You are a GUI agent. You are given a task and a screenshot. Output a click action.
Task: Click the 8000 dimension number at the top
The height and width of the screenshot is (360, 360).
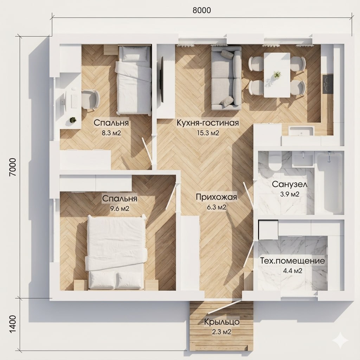(x=201, y=10)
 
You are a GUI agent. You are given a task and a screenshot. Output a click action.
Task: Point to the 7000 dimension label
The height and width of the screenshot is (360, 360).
(x=13, y=167)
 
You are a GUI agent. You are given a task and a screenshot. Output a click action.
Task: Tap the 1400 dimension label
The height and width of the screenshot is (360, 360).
(x=13, y=324)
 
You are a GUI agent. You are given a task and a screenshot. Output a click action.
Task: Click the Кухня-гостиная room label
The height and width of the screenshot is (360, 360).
(x=208, y=123)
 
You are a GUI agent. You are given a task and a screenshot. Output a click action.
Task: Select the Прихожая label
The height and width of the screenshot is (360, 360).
(x=217, y=197)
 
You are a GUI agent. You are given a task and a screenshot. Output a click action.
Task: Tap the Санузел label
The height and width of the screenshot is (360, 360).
(x=290, y=184)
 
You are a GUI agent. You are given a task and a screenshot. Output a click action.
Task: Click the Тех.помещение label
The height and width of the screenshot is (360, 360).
(x=292, y=261)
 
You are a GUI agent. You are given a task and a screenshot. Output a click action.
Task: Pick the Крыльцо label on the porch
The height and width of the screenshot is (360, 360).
(x=222, y=322)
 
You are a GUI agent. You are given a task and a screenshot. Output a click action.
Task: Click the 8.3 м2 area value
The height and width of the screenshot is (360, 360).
(x=111, y=133)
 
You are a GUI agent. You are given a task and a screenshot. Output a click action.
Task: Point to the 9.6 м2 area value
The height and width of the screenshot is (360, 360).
(x=120, y=208)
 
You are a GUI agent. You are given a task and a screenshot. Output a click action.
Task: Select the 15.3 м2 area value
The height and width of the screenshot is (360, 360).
(x=208, y=133)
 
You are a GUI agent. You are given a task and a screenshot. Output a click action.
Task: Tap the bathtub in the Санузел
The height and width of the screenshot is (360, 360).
(x=329, y=183)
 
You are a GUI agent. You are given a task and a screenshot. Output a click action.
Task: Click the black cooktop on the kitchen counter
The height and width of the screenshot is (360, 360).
(x=328, y=84)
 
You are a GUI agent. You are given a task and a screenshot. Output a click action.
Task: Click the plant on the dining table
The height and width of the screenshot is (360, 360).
(x=277, y=74)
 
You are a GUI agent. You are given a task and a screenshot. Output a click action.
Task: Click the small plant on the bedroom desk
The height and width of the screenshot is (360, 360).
(x=73, y=120)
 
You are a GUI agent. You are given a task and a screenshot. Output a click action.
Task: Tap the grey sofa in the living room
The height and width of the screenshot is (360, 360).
(x=226, y=78)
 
